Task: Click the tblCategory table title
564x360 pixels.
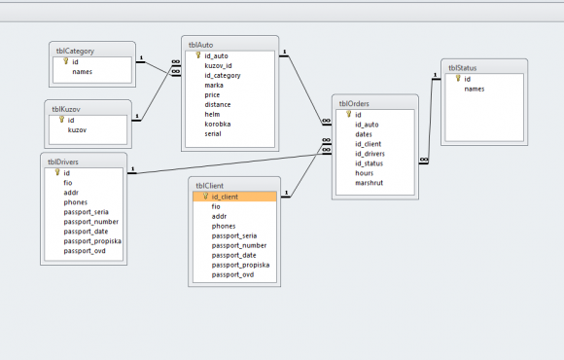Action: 75,52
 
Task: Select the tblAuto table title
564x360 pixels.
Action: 200,45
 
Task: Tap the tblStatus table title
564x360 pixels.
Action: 462,68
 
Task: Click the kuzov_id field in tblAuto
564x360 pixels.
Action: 218,66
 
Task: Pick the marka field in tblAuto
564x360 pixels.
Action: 214,86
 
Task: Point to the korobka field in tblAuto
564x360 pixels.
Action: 217,125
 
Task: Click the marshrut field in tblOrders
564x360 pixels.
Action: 370,183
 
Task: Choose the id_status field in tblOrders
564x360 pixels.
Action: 370,163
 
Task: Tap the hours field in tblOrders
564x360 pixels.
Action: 364,173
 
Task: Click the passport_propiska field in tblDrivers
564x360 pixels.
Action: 92,241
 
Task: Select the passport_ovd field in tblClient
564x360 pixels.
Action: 232,274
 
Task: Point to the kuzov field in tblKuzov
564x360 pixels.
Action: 77,130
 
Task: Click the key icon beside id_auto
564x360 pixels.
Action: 197,55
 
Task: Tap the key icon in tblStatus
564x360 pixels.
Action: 458,78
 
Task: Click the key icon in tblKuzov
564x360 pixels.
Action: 61,120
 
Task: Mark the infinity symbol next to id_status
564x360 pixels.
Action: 424,160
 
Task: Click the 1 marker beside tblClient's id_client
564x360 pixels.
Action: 286,193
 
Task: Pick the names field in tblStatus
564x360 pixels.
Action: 475,89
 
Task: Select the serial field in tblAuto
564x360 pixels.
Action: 213,134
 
